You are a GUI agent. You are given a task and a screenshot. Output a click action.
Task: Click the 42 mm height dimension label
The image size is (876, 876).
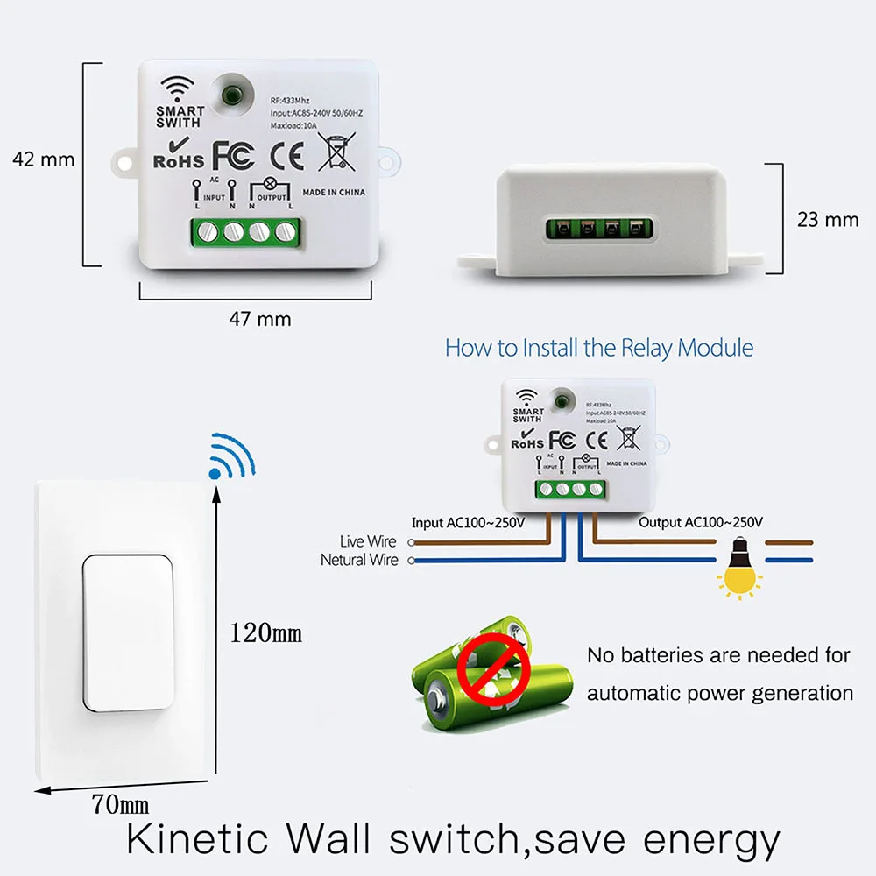click(44, 159)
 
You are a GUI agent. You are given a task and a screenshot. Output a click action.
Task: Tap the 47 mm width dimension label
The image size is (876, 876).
click(259, 319)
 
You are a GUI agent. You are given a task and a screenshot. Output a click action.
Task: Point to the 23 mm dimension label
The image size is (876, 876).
click(828, 219)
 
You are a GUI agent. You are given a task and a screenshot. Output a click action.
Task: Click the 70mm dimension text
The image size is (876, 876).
click(120, 802)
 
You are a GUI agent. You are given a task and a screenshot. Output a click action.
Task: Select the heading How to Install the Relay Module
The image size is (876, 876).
click(599, 347)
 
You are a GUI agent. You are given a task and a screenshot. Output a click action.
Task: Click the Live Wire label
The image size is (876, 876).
click(368, 542)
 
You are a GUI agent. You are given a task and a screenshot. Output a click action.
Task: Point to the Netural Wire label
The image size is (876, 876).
click(359, 560)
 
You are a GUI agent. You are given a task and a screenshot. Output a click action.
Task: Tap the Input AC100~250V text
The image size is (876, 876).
click(468, 523)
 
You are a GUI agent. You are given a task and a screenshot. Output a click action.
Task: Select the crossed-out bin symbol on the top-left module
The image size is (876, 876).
click(335, 152)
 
